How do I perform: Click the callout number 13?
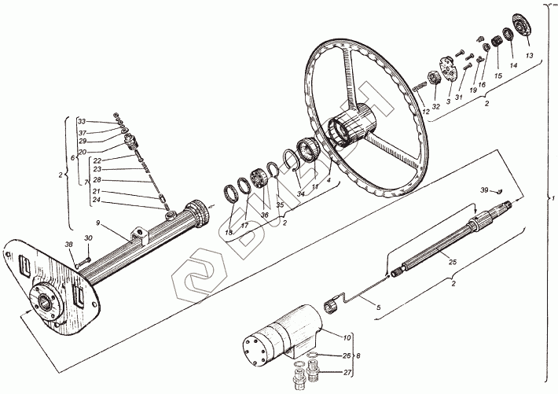coord(529,57)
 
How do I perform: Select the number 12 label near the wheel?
coord(425,110)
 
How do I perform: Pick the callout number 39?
coord(483,190)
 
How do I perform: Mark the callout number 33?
coord(81,121)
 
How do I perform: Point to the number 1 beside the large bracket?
coord(552,195)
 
